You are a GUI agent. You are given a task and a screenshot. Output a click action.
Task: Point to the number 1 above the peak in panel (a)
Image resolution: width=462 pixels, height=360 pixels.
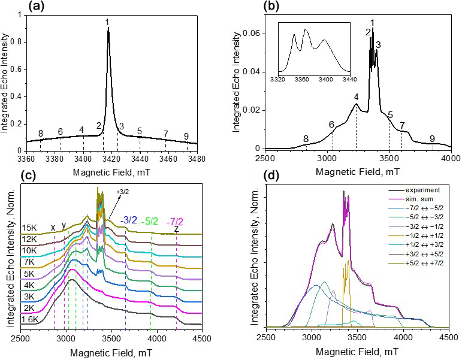(x=107, y=23)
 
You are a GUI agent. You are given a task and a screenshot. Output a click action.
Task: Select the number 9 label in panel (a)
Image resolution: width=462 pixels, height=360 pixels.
(x=187, y=136)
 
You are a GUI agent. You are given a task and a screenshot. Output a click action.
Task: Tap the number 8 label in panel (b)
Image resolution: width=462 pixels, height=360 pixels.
(x=306, y=139)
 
